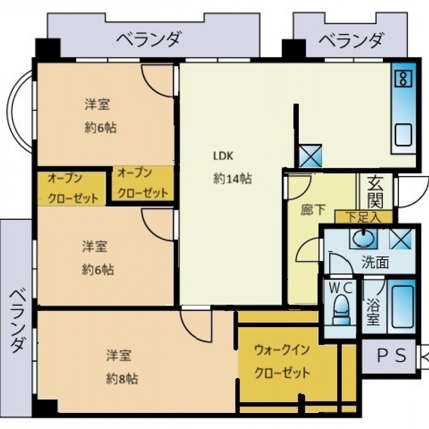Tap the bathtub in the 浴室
click(x=402, y=306)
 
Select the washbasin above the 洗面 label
click(x=363, y=238)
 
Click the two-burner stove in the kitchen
click(x=403, y=78)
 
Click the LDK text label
click(x=223, y=156)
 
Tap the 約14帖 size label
click(x=232, y=179)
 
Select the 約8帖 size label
click(x=122, y=379)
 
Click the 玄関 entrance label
click(x=375, y=191)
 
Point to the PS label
click(x=392, y=356)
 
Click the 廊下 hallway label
click(x=313, y=210)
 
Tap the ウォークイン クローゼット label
click(x=282, y=361)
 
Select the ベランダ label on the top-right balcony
click(x=350, y=41)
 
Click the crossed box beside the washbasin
click(x=400, y=239)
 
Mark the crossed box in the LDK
click(x=310, y=156)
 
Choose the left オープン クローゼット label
click(x=73, y=189)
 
